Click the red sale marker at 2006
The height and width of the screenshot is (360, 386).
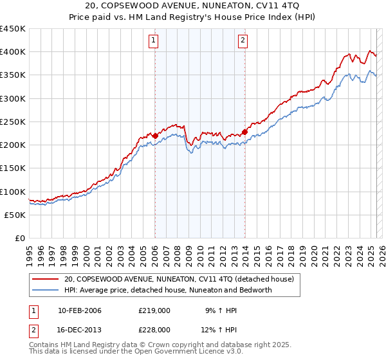tap(155, 136)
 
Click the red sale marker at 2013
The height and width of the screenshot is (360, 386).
tap(245, 132)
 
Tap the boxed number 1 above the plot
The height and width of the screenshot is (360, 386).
tap(154, 41)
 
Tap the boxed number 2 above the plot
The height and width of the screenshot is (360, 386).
tap(243, 41)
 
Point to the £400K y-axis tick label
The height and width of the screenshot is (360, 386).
tap(13, 52)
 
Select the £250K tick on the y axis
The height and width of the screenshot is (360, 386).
tap(13, 122)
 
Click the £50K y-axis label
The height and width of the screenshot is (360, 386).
tap(15, 215)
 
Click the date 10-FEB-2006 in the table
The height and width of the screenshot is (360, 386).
tap(79, 310)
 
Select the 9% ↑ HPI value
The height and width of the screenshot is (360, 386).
tap(212, 310)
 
